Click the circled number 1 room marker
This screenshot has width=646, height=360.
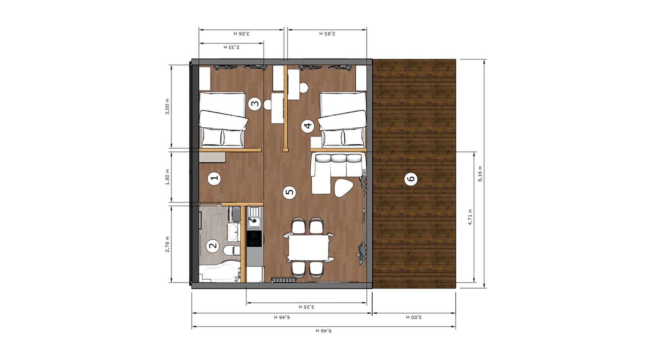coord(214,178)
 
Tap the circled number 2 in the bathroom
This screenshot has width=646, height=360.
coord(213,246)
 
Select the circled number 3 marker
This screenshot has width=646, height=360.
coord(255,103)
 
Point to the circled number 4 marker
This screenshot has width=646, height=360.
coord(308,126)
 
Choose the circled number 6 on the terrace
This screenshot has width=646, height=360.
coord(411,179)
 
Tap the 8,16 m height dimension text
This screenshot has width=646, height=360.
coord(480,174)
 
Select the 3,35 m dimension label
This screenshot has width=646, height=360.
coord(307,307)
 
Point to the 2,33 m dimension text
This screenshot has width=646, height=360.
coord(232,47)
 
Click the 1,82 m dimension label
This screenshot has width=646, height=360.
coord(167,177)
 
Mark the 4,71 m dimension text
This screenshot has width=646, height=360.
coord(470,217)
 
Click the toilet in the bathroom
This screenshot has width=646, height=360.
coord(232,250)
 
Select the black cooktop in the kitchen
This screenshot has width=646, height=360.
coord(254,239)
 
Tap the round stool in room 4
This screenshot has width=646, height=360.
coord(304,88)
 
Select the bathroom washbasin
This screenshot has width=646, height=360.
coord(233,232)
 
